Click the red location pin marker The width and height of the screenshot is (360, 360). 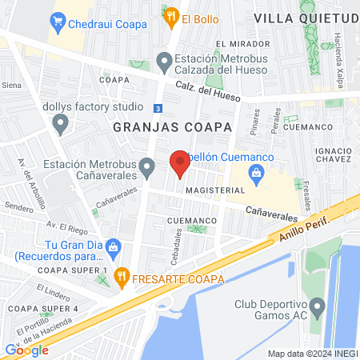(180, 165)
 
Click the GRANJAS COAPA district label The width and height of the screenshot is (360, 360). (172, 127)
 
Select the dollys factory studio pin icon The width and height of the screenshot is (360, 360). (60, 123)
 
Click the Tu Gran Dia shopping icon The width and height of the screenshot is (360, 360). (113, 246)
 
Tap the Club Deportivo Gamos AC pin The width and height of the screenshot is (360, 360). (318, 305)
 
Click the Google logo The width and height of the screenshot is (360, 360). (26, 350)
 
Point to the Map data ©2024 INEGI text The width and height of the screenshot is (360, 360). (312, 354)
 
